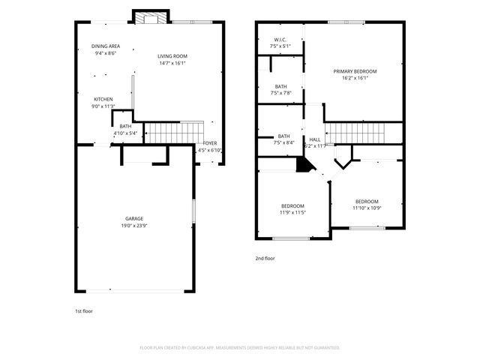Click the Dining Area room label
click(x=106, y=46)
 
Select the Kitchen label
click(x=103, y=99)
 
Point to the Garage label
click(x=134, y=218)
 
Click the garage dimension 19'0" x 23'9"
click(x=134, y=225)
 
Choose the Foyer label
click(x=210, y=142)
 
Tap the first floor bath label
click(x=125, y=126)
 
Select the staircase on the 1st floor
click(x=173, y=132)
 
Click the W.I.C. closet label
click(x=280, y=40)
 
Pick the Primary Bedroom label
click(x=355, y=71)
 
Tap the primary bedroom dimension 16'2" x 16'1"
click(x=355, y=78)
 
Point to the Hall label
click(x=315, y=139)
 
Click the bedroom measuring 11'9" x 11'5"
click(x=292, y=208)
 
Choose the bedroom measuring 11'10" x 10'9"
click(x=367, y=204)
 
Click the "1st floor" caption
click(x=83, y=310)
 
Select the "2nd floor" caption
click(x=265, y=258)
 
